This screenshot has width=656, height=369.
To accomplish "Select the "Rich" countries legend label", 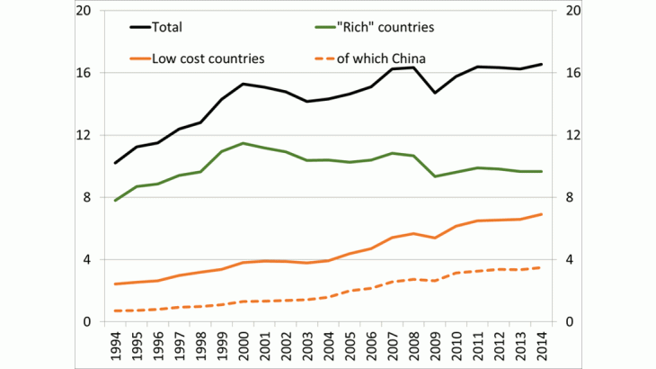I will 386,28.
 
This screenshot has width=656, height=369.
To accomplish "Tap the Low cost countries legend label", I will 208,58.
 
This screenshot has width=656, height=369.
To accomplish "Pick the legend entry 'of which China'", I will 381,58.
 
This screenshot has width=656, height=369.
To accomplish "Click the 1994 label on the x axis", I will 116,347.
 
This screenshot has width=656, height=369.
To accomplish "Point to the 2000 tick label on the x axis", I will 243,347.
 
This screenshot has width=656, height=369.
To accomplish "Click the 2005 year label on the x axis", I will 349,347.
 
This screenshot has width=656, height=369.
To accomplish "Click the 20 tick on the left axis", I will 84,11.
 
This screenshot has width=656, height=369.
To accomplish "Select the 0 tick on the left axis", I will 88,321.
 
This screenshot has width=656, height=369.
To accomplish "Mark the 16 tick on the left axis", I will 84,73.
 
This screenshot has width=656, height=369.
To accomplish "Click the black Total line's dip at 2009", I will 434,93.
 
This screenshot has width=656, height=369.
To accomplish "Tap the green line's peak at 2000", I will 243,143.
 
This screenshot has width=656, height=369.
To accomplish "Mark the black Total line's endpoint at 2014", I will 540,64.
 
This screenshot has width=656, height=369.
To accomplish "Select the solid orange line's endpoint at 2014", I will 540,214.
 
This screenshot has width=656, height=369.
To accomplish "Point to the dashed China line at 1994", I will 116,310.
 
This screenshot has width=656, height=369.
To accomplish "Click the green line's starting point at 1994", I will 116,200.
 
